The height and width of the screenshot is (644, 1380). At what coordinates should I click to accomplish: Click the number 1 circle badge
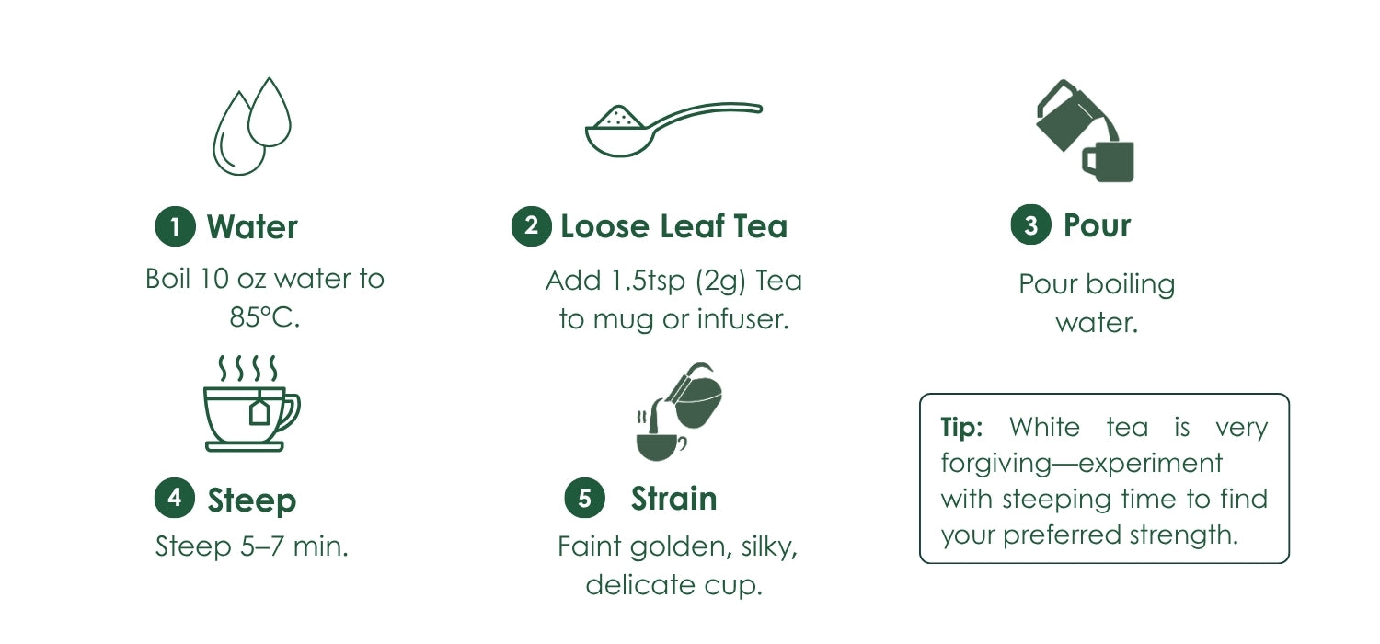click(176, 226)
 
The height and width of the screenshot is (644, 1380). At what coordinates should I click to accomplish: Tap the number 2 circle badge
click(532, 226)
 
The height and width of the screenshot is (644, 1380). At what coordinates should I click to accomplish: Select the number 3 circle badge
click(1031, 224)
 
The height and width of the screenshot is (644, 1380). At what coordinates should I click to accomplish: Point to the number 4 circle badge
click(175, 498)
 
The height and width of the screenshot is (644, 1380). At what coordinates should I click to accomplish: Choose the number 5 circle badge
click(584, 498)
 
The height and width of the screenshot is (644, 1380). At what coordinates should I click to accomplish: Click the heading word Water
click(253, 227)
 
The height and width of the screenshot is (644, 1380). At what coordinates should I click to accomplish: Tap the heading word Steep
click(252, 500)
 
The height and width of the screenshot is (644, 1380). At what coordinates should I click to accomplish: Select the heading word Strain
click(674, 499)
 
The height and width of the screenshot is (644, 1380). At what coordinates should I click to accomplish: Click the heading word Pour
click(1098, 224)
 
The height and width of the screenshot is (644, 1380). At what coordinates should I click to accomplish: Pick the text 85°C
click(265, 317)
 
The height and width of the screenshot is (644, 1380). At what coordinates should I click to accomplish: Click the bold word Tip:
click(961, 427)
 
